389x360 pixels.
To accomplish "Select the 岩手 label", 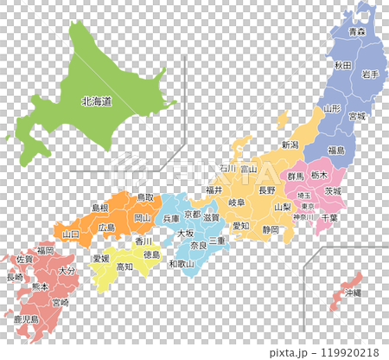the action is (x=371, y=75).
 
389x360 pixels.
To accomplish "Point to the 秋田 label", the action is (x=342, y=66).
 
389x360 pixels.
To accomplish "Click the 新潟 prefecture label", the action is (x=290, y=145).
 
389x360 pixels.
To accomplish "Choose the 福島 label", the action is (x=335, y=150).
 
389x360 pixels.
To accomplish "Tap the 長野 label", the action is (x=267, y=190).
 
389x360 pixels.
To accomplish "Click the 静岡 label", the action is (x=271, y=229).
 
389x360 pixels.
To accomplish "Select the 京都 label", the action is (x=193, y=214).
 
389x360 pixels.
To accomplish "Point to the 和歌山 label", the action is (x=181, y=263).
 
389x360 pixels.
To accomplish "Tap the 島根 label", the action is (x=100, y=208).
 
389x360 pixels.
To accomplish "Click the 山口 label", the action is (x=71, y=234).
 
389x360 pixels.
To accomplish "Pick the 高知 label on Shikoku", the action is (x=124, y=267).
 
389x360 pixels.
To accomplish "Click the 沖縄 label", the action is (x=353, y=293).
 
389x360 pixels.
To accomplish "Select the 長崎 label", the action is (x=15, y=278).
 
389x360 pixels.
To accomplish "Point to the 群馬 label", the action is (x=296, y=176).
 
